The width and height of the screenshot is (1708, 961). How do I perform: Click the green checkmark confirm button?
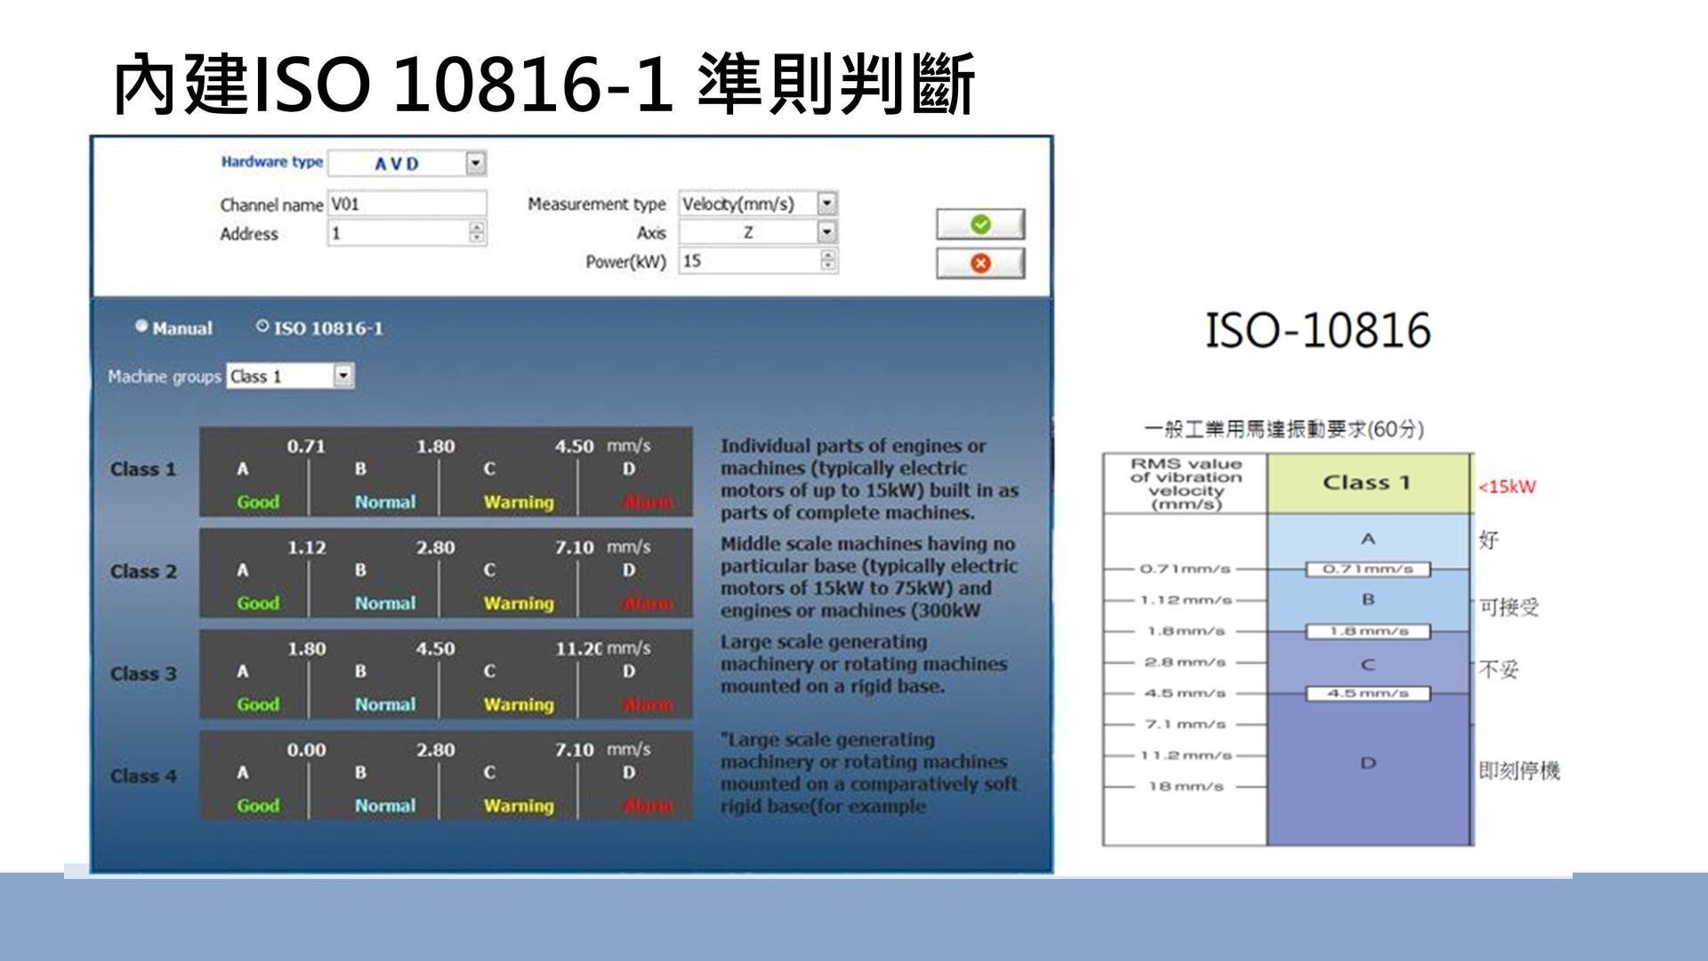click(980, 224)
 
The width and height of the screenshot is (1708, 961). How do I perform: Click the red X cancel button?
click(980, 263)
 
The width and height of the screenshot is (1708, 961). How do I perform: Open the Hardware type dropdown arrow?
click(476, 164)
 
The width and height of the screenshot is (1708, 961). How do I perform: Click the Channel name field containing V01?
click(407, 204)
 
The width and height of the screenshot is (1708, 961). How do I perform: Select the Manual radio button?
click(141, 327)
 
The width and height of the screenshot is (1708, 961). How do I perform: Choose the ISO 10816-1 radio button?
click(262, 327)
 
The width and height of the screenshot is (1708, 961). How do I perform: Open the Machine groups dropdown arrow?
click(343, 376)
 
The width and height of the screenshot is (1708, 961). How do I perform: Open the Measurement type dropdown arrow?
click(827, 204)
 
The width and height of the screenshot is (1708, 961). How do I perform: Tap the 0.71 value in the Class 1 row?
click(306, 446)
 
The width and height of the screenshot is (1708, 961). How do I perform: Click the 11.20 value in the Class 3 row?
click(578, 649)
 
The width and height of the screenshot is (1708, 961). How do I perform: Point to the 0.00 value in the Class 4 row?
click(306, 750)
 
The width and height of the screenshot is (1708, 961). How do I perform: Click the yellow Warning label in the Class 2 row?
click(519, 603)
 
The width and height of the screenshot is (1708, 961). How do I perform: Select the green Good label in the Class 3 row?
click(258, 705)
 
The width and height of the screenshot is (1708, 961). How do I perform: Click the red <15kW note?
click(1507, 487)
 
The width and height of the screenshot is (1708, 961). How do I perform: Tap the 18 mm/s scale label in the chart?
click(1186, 787)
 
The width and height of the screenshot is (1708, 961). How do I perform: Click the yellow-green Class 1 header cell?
click(1367, 483)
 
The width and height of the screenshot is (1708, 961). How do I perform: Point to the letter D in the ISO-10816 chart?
click(1368, 763)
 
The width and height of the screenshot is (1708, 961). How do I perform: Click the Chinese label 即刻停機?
click(1519, 771)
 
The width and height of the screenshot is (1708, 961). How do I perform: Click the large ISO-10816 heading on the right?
click(1317, 330)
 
